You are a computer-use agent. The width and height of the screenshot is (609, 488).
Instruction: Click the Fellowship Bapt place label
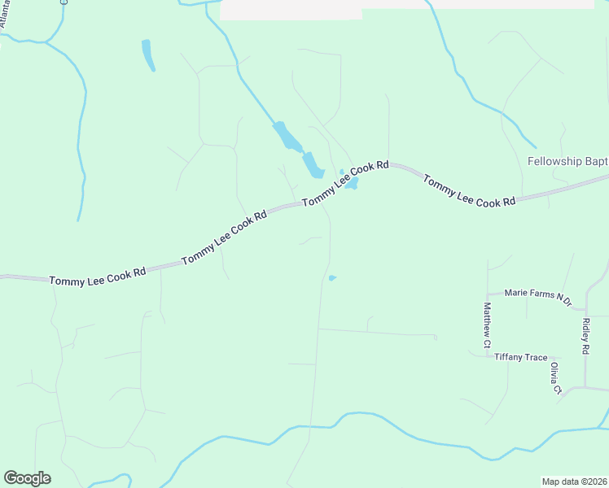[x=567, y=161]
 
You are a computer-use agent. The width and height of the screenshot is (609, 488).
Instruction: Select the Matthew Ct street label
[x=487, y=326]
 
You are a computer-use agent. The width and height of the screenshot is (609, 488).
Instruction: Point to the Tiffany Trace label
[x=521, y=357]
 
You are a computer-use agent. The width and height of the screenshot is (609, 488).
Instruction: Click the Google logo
[x=27, y=478]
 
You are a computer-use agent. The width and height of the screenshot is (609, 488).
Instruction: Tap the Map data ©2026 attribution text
[x=574, y=481]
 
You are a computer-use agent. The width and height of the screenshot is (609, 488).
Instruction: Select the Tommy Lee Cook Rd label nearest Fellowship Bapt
[x=469, y=190]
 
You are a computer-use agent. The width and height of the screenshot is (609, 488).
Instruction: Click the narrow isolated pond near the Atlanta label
[x=148, y=55]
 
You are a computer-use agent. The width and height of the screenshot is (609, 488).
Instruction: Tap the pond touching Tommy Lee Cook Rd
[x=352, y=184]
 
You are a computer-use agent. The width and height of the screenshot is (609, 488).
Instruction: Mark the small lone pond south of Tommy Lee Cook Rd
[x=332, y=279]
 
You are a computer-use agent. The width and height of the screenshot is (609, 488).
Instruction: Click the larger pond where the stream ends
[x=313, y=165]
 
